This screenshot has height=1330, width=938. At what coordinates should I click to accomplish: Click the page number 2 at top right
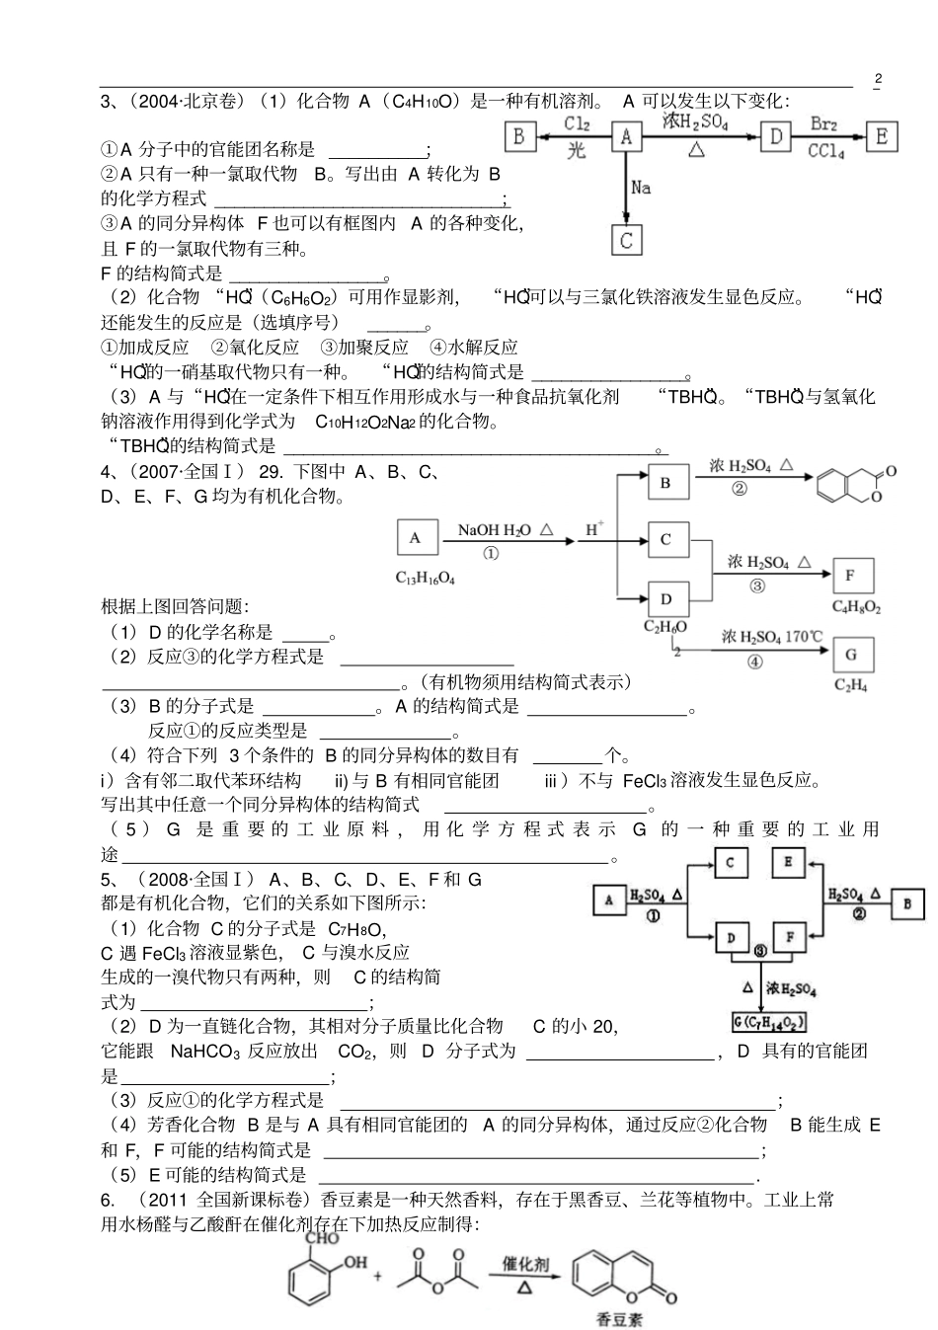pos(879,79)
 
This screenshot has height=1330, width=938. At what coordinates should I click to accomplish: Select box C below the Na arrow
pos(626,240)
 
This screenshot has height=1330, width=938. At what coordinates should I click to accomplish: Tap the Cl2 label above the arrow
pos(578,123)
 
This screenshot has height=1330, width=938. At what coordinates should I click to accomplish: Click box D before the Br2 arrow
pos(776,136)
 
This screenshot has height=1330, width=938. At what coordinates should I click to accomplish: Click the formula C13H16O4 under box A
pos(426,578)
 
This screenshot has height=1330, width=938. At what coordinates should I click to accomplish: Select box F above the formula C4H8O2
pos(850,575)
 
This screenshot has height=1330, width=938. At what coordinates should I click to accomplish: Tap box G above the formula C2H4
pos(851,654)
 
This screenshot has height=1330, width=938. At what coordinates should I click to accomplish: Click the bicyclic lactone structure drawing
pos(855,484)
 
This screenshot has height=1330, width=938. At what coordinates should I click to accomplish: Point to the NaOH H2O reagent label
pos(494,530)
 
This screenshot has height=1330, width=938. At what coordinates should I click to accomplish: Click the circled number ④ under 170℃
pos(754,663)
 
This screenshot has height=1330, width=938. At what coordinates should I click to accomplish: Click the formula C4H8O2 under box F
pos(856,606)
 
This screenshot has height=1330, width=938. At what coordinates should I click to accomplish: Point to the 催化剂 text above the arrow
pos(525,1263)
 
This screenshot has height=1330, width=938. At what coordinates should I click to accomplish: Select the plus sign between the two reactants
pos(377,1276)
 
